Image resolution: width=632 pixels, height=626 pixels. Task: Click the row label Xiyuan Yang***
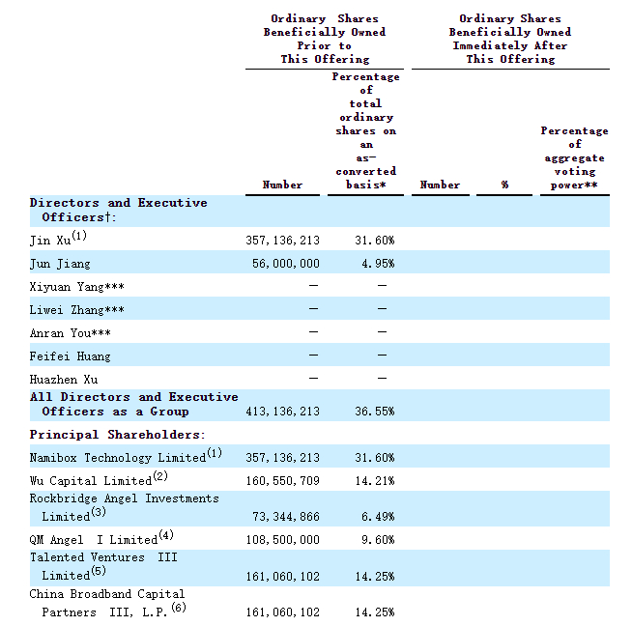[x=76, y=287]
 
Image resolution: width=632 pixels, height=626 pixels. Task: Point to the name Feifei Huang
[x=70, y=356]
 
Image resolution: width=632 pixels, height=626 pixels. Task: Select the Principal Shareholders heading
[x=117, y=435]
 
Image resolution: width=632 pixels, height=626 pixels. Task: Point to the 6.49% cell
[x=378, y=518]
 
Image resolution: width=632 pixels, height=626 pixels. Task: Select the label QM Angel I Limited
[x=93, y=539]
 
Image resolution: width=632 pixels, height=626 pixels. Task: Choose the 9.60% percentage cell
[x=378, y=539]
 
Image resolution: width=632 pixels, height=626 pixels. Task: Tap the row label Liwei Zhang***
[x=76, y=310]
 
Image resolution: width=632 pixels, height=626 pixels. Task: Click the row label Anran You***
[x=72, y=333]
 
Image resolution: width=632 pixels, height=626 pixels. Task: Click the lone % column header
[x=504, y=185]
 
